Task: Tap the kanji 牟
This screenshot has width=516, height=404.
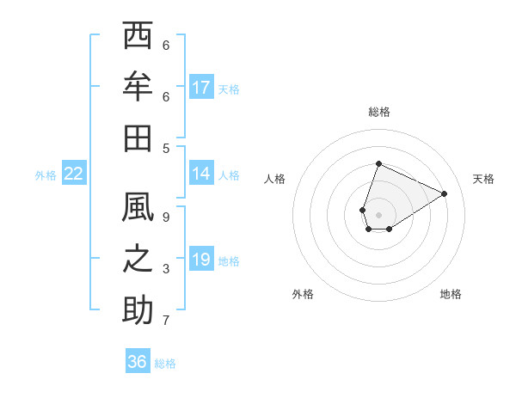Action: tap(138, 87)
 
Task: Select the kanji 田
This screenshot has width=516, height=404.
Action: tap(138, 138)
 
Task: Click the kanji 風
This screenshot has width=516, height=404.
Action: tap(138, 210)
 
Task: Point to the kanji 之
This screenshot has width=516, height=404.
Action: tap(138, 260)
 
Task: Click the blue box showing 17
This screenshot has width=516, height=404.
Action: tap(201, 88)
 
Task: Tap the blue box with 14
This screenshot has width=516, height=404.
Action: tap(201, 174)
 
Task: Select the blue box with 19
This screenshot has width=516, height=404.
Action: tap(201, 260)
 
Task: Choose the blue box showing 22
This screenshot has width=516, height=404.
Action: tap(74, 174)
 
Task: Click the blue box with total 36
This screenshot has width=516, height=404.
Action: tap(138, 362)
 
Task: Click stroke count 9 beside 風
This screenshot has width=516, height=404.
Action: tap(166, 217)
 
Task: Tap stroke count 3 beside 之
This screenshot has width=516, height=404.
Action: tap(166, 269)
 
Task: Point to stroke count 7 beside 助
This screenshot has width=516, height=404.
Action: tap(166, 321)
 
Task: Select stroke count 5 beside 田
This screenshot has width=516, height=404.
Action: tap(166, 148)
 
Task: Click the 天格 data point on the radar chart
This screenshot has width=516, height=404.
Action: tap(445, 193)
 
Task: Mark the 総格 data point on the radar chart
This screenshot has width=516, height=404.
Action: tap(378, 163)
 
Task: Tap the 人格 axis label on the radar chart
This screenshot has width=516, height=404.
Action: tap(275, 179)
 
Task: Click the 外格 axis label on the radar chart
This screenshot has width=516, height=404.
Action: tap(303, 294)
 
